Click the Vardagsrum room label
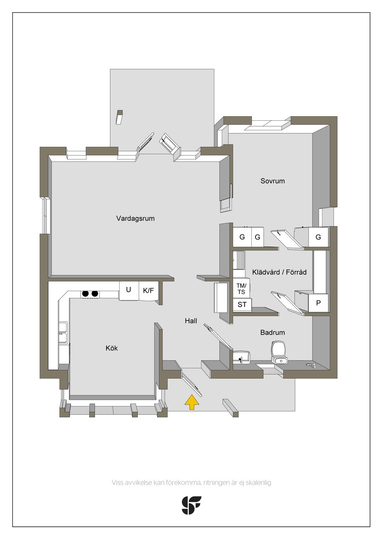(135, 219)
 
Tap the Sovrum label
(273, 181)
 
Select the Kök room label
(112, 348)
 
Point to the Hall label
(191, 321)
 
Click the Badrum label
(273, 333)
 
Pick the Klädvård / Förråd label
(279, 272)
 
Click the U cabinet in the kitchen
(129, 291)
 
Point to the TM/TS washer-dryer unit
(242, 289)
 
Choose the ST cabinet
(242, 304)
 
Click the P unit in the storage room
(318, 303)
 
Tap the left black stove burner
(85, 294)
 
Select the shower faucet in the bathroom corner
(311, 365)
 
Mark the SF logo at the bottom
(191, 505)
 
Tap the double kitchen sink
(64, 332)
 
